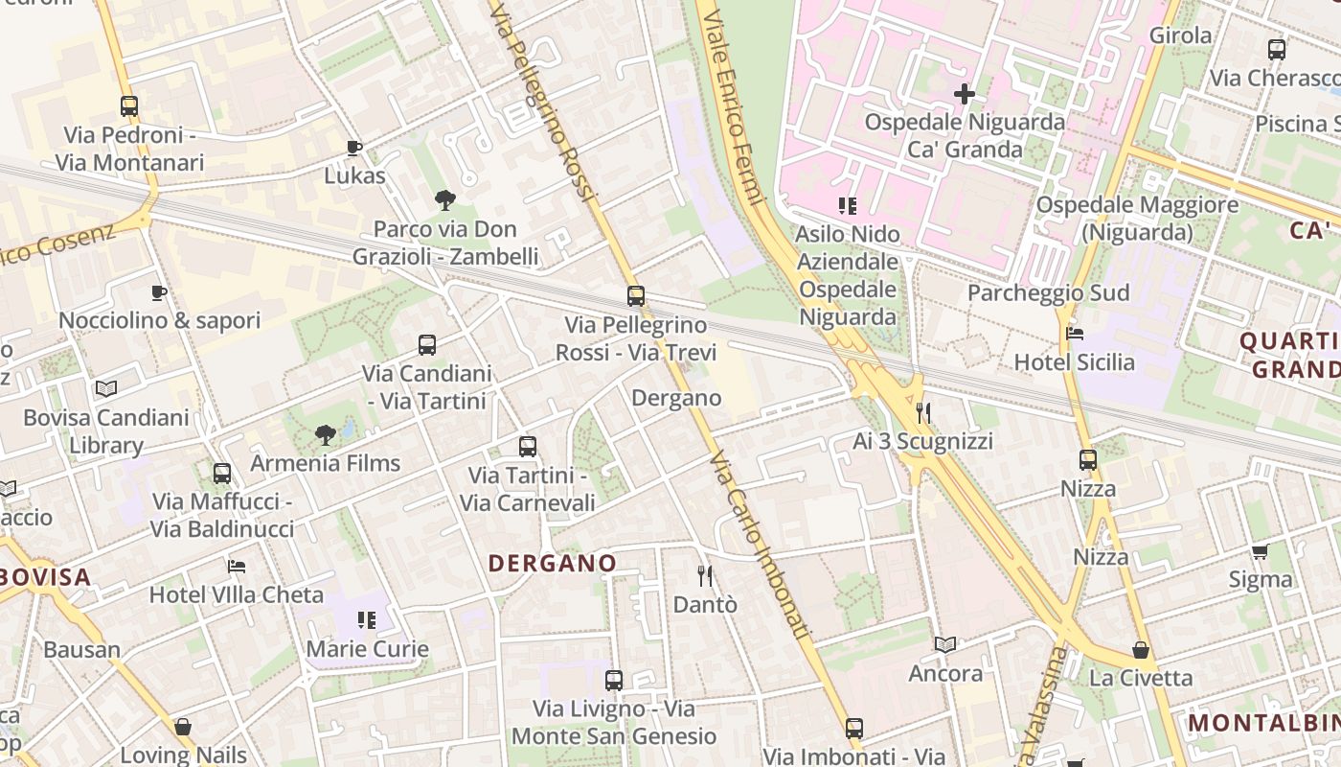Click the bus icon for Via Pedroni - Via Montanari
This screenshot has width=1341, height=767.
(129, 106)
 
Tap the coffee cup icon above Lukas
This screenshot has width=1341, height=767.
(353, 148)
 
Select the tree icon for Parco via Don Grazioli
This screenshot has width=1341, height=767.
(444, 200)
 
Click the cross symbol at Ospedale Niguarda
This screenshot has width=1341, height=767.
(965, 94)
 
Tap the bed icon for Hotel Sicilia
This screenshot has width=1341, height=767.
(1075, 335)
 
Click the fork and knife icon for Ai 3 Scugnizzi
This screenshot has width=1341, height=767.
(923, 413)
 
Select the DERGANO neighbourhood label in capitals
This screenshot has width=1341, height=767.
(553, 563)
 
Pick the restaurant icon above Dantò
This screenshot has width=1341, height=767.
(706, 576)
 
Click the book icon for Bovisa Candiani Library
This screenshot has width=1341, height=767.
(106, 388)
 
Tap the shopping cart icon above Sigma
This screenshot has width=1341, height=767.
(1261, 551)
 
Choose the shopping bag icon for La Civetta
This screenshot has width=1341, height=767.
(1141, 650)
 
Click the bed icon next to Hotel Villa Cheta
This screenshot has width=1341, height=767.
(237, 567)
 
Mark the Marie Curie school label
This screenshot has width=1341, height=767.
(367, 649)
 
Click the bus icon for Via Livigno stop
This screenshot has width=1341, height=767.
(614, 681)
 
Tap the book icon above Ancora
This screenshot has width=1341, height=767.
(945, 645)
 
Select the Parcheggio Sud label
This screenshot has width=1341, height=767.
(1048, 292)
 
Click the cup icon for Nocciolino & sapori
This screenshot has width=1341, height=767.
(159, 292)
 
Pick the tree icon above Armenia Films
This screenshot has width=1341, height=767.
(326, 435)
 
